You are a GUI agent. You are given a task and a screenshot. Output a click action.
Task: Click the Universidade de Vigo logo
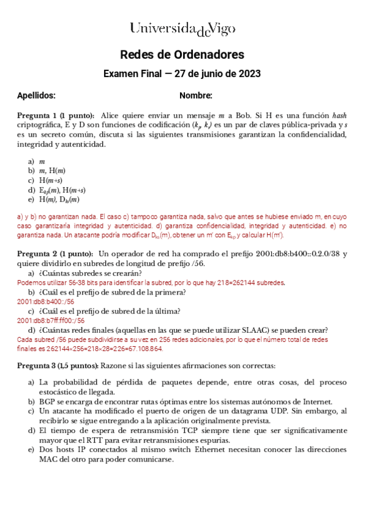182,28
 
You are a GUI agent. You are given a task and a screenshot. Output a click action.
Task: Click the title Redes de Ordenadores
182,55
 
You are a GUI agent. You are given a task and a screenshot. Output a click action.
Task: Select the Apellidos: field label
36,95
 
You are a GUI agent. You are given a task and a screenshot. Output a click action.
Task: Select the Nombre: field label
196,95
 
